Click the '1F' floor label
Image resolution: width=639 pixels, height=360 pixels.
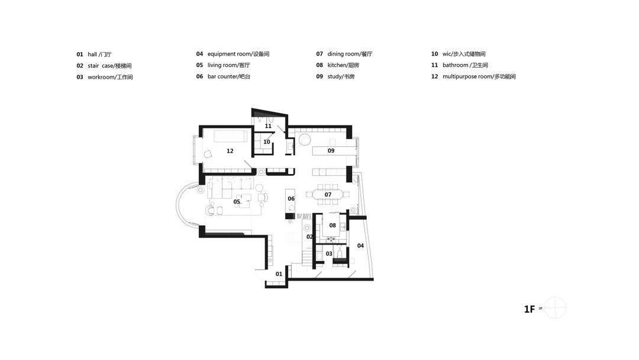click(530, 309)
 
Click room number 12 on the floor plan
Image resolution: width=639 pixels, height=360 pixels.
click(230, 151)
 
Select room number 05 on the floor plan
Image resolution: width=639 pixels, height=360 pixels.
click(237, 202)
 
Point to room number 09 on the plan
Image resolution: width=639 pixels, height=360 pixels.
click(331, 150)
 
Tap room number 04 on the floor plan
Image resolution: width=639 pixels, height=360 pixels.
click(360, 246)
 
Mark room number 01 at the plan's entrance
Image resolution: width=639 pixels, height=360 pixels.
click(279, 274)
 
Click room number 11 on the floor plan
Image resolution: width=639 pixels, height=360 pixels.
click(268, 126)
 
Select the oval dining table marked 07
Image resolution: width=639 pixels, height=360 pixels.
click(328, 194)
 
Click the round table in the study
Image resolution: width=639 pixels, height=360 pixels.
click(305, 140)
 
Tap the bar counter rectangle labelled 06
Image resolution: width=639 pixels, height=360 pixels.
click(291, 201)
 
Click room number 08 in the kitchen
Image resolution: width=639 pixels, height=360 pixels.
click(333, 226)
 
